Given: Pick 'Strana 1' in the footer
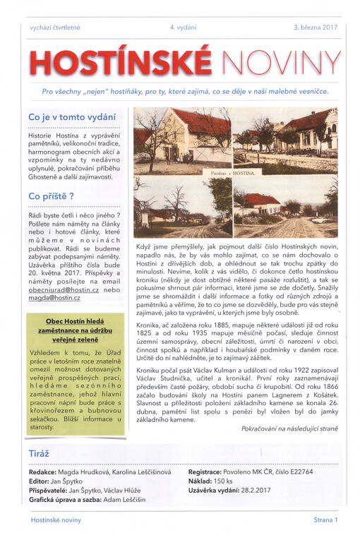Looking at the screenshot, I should click(326, 520).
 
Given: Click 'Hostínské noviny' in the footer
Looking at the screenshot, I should click(56, 520).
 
